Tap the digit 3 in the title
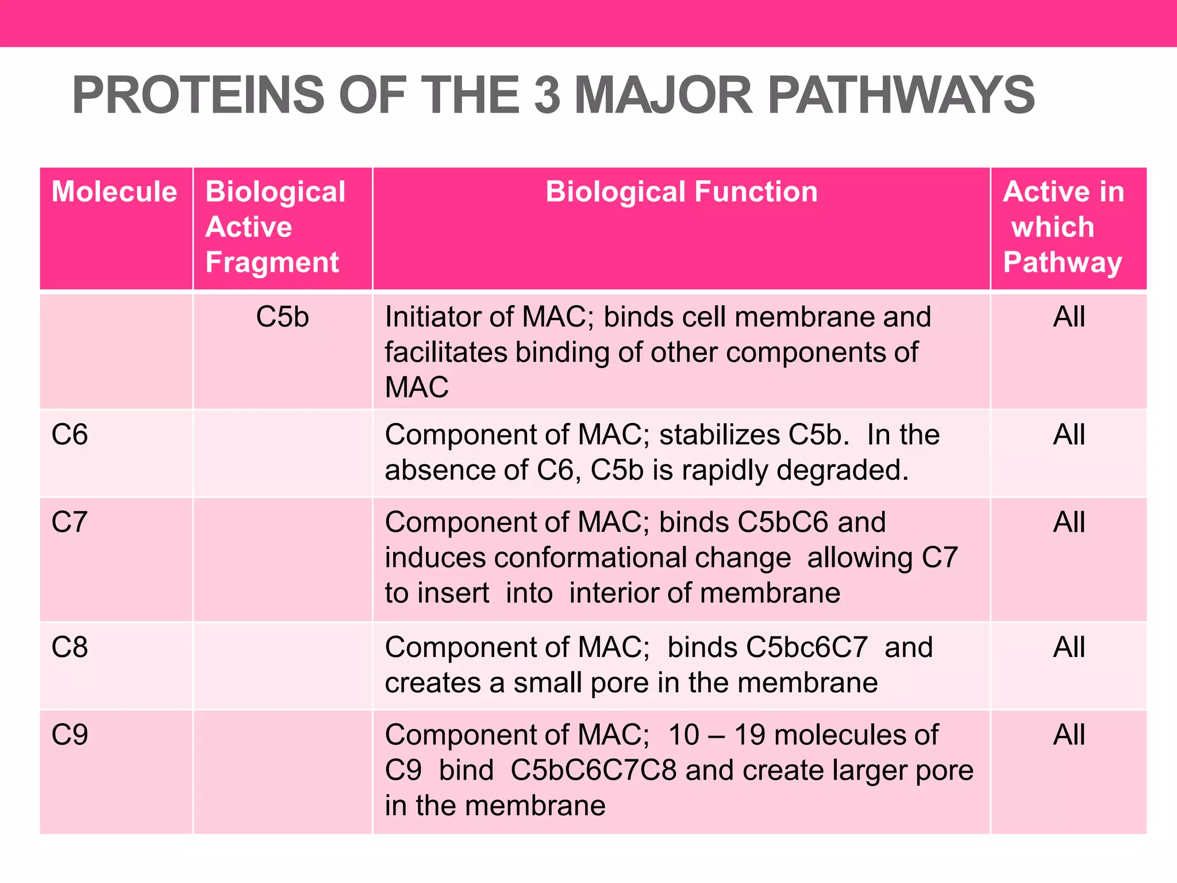coord(547,95)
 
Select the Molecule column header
coord(114,191)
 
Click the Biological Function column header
coord(681,191)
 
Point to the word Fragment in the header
coord(272,262)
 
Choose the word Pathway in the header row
coord(1062,262)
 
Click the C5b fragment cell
coord(282,317)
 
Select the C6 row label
coord(70,435)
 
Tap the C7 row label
coord(70,523)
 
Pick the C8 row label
coord(70,647)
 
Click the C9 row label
coord(70,735)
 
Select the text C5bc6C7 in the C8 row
coord(806,647)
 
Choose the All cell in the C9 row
coord(1069,735)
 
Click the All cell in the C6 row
coord(1069,435)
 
